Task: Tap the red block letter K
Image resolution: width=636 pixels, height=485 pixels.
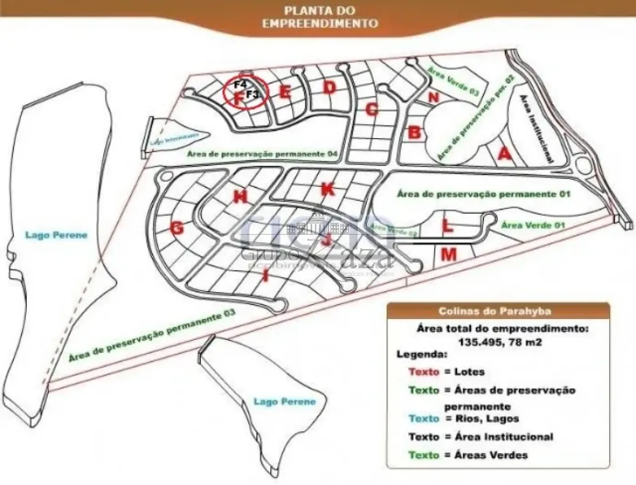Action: [x=328, y=189]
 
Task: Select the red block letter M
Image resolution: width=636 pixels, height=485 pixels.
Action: [x=449, y=255]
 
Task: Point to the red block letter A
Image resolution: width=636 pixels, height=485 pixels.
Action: [x=504, y=155]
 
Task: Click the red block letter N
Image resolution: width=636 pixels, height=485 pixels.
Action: [x=434, y=97]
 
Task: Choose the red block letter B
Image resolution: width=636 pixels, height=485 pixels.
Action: [x=414, y=133]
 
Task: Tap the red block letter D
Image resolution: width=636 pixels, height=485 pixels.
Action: [x=329, y=87]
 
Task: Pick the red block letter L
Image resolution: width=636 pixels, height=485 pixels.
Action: [x=447, y=225]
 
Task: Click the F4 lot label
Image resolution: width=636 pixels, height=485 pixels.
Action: [x=240, y=85]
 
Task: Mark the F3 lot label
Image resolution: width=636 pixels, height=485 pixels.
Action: [x=253, y=95]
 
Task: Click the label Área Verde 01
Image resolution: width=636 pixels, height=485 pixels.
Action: [x=527, y=225]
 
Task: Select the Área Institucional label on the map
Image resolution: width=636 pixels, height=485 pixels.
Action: [x=536, y=129]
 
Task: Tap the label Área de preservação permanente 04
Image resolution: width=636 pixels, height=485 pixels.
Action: [x=262, y=155]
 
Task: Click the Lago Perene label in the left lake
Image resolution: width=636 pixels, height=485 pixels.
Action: [x=56, y=235]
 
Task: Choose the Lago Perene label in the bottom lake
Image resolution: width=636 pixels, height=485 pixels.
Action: [x=284, y=402]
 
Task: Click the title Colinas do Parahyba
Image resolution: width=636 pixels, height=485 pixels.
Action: [x=495, y=311]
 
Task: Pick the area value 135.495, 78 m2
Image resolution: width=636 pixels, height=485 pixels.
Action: [x=502, y=342]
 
